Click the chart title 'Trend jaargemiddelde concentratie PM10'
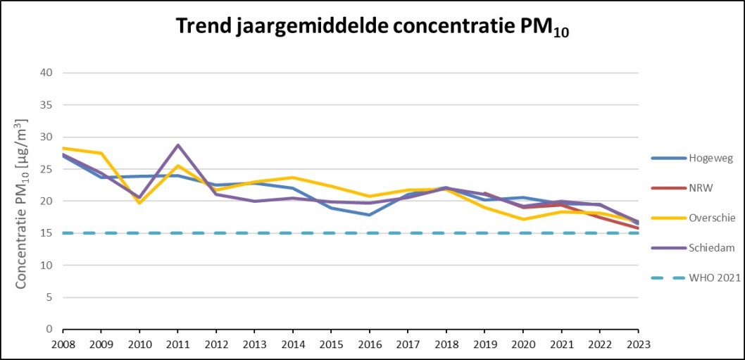(x=372, y=27)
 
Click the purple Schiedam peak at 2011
(x=177, y=145)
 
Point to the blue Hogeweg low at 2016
(x=370, y=215)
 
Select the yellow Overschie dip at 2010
(x=139, y=203)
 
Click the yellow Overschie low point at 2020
(x=523, y=219)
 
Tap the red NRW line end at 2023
(x=638, y=228)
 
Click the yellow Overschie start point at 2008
(x=63, y=148)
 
